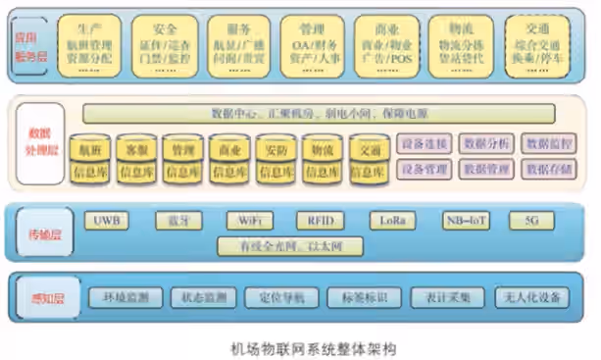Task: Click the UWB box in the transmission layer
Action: (107, 219)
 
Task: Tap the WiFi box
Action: (248, 219)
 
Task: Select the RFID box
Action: (320, 219)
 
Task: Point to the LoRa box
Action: (391, 219)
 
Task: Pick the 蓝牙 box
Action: (177, 219)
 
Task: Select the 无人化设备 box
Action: (530, 296)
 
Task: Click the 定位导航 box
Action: (283, 296)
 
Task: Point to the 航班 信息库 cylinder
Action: (89, 160)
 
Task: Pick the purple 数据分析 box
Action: (486, 144)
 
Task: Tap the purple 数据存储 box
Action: (547, 170)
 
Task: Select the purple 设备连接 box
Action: (425, 144)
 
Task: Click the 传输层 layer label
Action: (40, 231)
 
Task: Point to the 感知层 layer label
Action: (39, 296)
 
